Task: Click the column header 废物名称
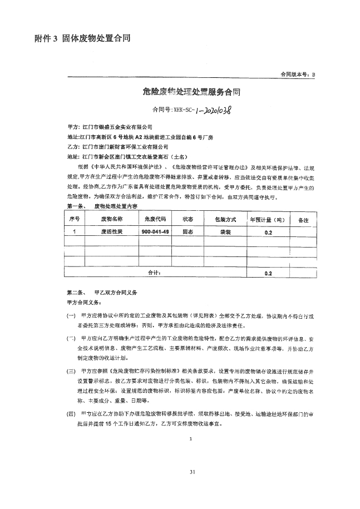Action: (111, 219)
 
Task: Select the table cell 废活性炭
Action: (111, 231)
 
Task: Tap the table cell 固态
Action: (188, 231)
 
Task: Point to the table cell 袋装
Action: (225, 231)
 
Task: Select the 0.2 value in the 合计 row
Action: (268, 273)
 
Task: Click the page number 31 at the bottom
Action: (191, 472)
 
